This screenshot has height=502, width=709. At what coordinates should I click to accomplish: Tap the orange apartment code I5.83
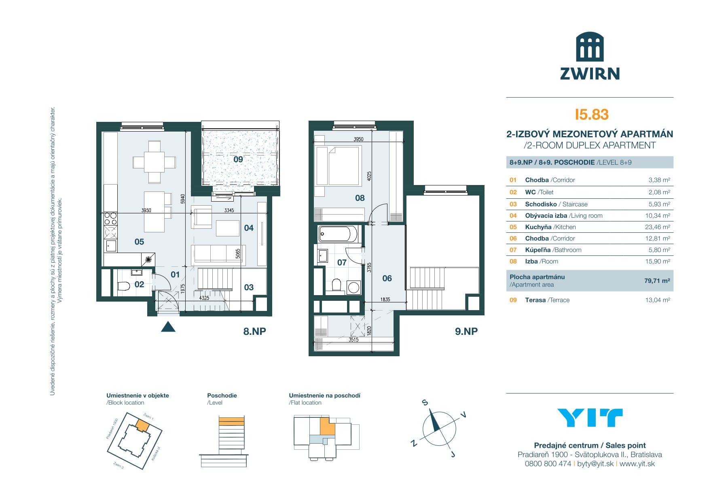coord(591,115)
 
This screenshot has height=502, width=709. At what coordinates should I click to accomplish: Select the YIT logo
coord(590,418)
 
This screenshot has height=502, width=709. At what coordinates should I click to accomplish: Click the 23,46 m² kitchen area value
coord(657,227)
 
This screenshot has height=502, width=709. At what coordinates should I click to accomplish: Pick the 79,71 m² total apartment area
coord(657,281)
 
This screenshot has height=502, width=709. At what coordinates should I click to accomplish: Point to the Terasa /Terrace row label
coord(547,300)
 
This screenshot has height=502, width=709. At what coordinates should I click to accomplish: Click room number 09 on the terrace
coord(238,160)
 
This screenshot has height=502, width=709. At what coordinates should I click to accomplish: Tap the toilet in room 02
coord(124,286)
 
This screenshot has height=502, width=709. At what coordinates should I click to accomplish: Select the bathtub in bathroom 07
coord(338,234)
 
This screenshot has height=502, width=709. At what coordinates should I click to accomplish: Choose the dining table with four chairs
coord(154,162)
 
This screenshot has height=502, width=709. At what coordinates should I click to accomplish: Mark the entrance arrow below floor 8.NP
coord(168,327)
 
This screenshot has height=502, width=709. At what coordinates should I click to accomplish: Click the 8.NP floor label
coord(254,331)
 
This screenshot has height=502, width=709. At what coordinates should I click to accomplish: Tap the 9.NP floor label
coord(466,331)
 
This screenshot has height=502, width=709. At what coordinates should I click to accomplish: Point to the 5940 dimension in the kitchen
coord(183,199)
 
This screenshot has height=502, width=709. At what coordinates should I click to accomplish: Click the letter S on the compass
coord(425,402)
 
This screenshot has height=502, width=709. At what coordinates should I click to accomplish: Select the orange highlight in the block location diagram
coord(142,425)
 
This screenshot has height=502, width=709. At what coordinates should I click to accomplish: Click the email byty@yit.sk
coord(595,464)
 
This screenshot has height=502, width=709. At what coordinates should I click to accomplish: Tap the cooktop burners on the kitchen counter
coord(110,219)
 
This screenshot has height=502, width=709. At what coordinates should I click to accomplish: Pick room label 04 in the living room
coord(249,228)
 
